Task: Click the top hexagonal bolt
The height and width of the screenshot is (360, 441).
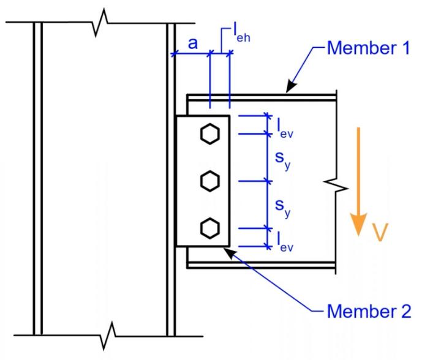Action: pyautogui.click(x=210, y=134)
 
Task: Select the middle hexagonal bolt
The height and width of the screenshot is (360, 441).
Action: pyautogui.click(x=210, y=181)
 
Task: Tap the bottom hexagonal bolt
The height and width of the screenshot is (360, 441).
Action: pyautogui.click(x=210, y=228)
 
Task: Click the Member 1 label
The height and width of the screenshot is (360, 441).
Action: pyautogui.click(x=369, y=48)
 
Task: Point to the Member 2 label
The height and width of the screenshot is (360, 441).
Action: pyautogui.click(x=369, y=312)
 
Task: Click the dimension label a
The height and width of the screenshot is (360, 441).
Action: pyautogui.click(x=193, y=44)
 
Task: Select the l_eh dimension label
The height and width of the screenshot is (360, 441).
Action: pyautogui.click(x=241, y=34)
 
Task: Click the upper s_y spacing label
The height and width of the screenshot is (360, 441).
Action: pyautogui.click(x=282, y=160)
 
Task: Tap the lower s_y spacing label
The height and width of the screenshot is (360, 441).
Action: pyautogui.click(x=282, y=208)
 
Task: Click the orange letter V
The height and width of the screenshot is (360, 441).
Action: pyautogui.click(x=380, y=232)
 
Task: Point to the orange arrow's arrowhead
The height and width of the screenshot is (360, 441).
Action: pyautogui.click(x=358, y=224)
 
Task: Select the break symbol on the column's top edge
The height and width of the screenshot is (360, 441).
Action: pyautogui.click(x=100, y=23)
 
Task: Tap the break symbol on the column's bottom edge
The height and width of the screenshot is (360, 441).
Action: pyautogui.click(x=108, y=336)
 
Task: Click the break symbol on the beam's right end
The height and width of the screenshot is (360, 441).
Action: pyautogui.click(x=336, y=186)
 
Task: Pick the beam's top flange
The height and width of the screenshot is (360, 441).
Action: pyautogui.click(x=262, y=97)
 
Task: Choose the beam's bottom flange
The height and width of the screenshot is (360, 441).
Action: pyautogui.click(x=261, y=265)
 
